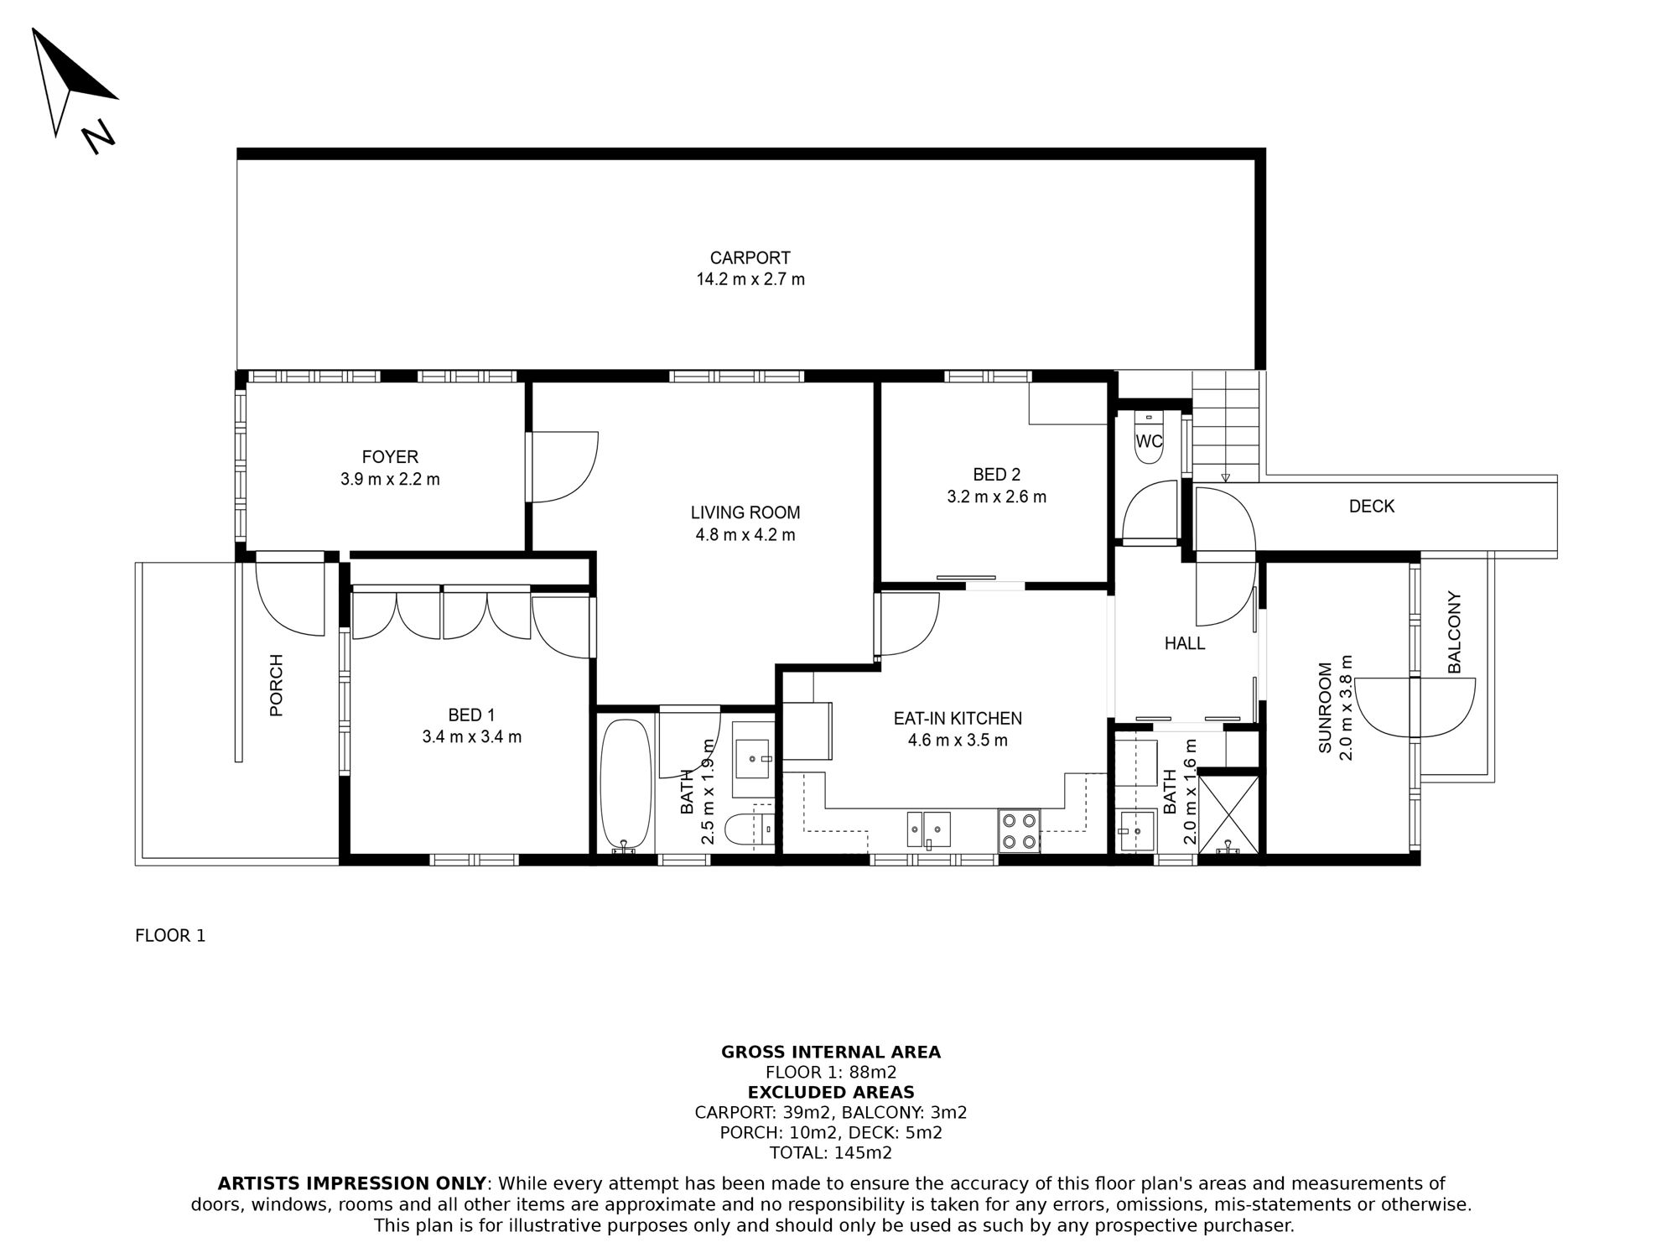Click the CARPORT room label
point(750,258)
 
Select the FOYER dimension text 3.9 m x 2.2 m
point(390,480)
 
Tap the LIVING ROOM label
point(745,512)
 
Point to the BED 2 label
point(996,475)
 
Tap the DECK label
point(1371,507)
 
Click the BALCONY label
point(1455,632)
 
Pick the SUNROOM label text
point(1326,709)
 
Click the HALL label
point(1184,644)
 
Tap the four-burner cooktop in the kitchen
point(1019,830)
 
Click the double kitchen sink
point(928,829)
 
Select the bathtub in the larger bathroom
point(626,784)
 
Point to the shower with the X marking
point(1228,814)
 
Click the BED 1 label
point(471,715)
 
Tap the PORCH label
point(277,685)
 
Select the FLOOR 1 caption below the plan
point(170,936)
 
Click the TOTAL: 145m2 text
point(830,1153)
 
